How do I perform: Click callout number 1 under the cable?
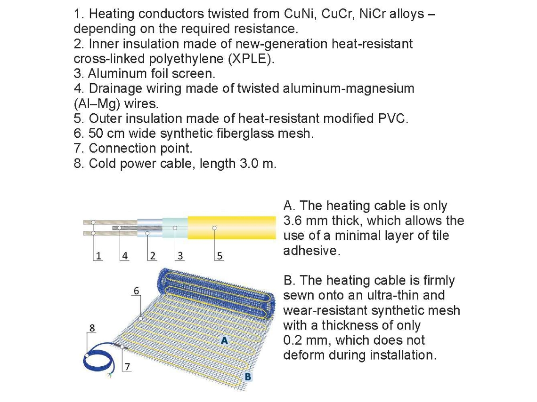click(x=98, y=256)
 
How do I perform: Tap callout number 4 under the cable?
click(x=125, y=256)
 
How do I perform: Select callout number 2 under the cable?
click(x=152, y=256)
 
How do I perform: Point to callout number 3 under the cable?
click(x=180, y=256)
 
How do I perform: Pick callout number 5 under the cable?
click(x=220, y=256)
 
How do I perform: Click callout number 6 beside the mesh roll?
click(x=136, y=291)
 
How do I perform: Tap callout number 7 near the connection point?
click(x=127, y=366)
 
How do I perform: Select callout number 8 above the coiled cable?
click(x=92, y=327)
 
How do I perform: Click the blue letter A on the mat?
click(x=225, y=339)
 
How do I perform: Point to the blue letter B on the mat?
click(x=248, y=376)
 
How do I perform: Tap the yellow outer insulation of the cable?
click(x=231, y=228)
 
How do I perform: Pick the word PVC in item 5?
click(x=392, y=118)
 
